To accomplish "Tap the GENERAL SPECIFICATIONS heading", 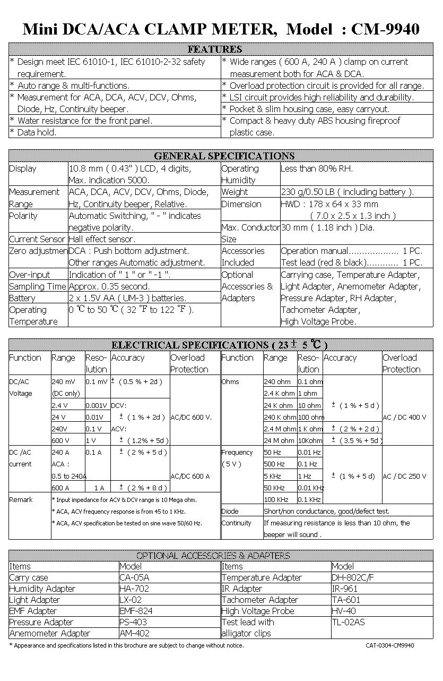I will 224,156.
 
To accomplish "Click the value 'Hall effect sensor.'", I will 102,239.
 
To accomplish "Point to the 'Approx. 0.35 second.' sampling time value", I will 109,286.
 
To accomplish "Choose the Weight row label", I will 234,192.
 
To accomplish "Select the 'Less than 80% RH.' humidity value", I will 317,169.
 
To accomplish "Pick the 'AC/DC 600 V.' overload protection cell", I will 191,417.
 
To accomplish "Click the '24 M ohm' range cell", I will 280,440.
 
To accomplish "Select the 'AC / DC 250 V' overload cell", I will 404,476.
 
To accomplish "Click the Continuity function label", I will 236,523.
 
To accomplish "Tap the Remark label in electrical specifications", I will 21,499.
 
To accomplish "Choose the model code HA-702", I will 134,589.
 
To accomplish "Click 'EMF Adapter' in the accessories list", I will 33,611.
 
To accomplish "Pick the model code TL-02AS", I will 348,622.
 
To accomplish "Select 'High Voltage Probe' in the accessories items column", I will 258,611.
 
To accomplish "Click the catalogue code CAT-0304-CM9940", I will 390,645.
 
